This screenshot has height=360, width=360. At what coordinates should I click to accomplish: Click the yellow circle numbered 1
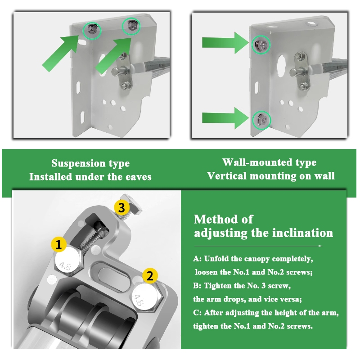59,244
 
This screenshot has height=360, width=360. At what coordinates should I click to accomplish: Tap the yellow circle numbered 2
150,275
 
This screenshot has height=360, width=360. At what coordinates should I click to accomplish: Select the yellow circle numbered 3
121,207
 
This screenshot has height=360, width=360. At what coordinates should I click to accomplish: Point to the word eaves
138,177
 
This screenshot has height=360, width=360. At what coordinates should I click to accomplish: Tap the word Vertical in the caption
227,176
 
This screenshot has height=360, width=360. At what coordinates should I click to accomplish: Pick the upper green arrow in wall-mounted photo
225,43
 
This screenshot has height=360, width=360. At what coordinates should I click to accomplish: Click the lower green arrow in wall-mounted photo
225,118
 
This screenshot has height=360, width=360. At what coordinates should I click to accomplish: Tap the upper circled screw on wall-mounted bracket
261,45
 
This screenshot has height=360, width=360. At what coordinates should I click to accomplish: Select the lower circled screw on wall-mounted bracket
262,120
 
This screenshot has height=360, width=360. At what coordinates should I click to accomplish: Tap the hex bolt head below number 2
147,297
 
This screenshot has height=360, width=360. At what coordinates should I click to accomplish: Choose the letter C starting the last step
196,313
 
